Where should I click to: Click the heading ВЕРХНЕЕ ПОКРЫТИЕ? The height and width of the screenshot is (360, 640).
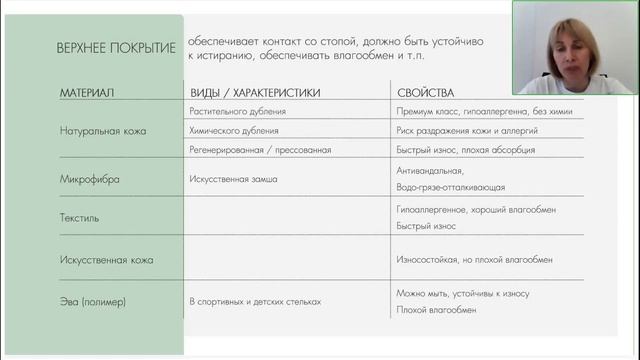[x=117, y=48]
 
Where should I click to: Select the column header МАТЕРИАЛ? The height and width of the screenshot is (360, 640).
[x=87, y=93]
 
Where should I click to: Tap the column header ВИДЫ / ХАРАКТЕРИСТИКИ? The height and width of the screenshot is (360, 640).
[x=255, y=93]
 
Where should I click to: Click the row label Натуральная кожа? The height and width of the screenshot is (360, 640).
[x=102, y=130]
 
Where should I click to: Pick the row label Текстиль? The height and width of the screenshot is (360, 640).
[x=80, y=216]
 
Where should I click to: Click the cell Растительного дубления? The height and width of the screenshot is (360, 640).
[x=237, y=112]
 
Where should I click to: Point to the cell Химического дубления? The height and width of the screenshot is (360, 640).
[x=234, y=130]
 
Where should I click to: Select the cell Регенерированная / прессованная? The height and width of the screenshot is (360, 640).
[x=259, y=149]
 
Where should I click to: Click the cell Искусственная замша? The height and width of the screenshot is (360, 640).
[x=233, y=179]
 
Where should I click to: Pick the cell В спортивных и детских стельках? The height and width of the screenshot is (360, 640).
[x=255, y=301]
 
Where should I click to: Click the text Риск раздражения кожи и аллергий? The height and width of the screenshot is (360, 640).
[x=467, y=130]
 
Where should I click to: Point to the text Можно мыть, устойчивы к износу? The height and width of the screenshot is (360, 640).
[x=463, y=293]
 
